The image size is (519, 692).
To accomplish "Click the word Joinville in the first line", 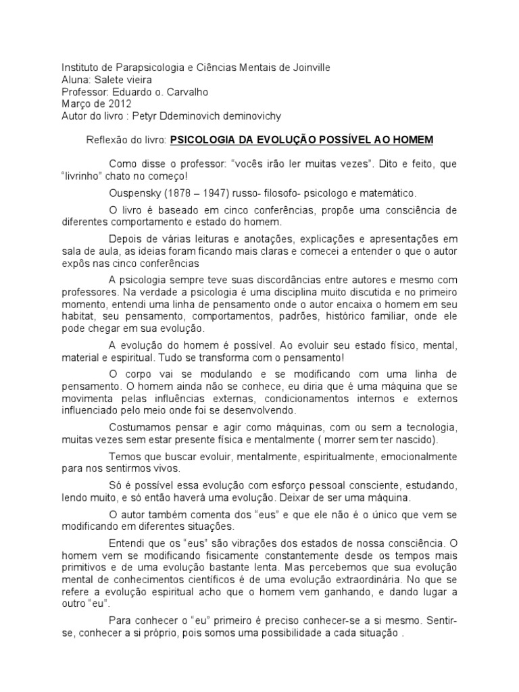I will pyautogui.click(x=312, y=68).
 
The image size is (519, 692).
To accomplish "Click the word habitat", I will pyautogui.click(x=78, y=316).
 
